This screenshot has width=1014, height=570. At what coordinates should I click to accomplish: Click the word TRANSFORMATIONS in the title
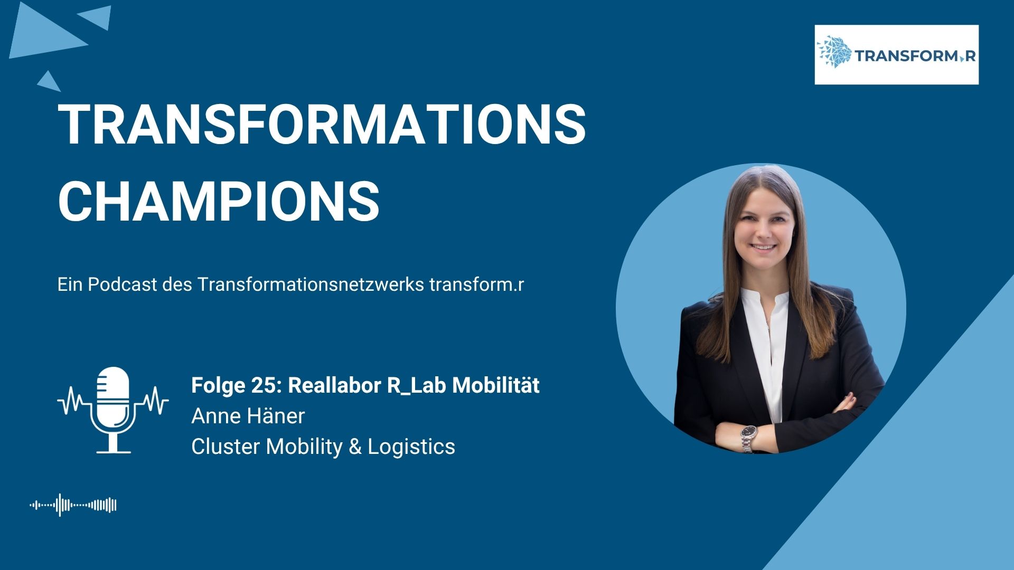322,124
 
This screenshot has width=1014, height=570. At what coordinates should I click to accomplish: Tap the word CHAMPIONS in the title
219,201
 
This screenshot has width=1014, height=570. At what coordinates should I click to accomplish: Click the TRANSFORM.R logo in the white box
896,54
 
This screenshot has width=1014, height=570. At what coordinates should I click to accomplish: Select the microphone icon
113,410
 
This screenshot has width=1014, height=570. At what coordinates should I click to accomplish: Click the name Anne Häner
248,416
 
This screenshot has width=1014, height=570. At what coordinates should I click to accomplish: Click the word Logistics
411,446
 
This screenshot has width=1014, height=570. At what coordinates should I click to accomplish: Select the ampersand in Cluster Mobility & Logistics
355,447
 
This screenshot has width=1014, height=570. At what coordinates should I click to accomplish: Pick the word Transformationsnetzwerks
311,284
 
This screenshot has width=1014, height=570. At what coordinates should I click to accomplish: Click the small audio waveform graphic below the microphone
73,505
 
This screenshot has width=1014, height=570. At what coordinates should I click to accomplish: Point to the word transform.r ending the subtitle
476,285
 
